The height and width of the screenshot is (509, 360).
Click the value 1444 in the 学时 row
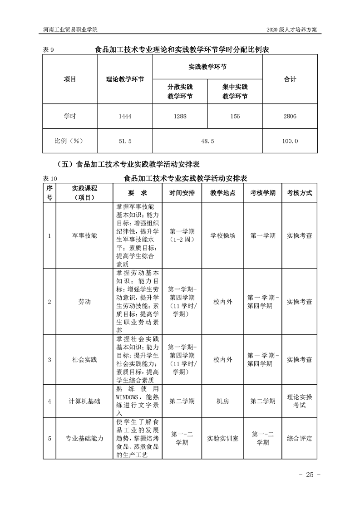pyautogui.click(x=124, y=117)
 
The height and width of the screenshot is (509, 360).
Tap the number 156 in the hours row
pyautogui.click(x=235, y=117)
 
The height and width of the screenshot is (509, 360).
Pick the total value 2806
pyautogui.click(x=290, y=117)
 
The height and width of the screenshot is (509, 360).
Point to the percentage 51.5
pyautogui.click(x=124, y=142)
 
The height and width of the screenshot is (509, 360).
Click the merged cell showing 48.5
pyautogui.click(x=207, y=142)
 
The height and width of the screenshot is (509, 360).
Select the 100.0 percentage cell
pyautogui.click(x=290, y=142)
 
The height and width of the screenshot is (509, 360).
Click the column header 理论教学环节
pyautogui.click(x=125, y=79)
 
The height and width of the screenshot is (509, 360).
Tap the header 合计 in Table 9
pyautogui.click(x=290, y=79)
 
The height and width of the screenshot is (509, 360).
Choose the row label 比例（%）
pyautogui.click(x=70, y=142)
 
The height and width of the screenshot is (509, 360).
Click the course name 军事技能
pyautogui.click(x=84, y=236)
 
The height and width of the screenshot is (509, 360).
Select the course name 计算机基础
pyautogui.click(x=84, y=401)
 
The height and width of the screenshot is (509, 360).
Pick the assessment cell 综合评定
pyautogui.click(x=299, y=439)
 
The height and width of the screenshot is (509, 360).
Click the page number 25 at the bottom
pyautogui.click(x=310, y=475)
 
